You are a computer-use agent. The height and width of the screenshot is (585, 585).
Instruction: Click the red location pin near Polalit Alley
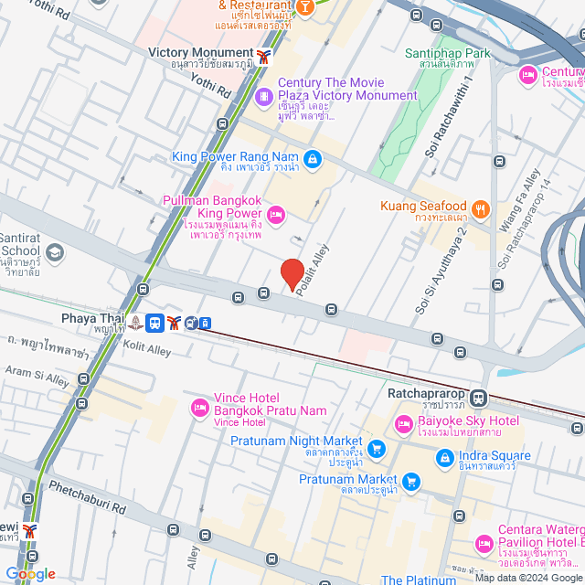click(x=292, y=274)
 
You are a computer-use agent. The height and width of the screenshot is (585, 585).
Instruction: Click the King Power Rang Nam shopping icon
click(x=313, y=158)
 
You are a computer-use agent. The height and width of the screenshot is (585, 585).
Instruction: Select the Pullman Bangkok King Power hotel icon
click(x=277, y=214)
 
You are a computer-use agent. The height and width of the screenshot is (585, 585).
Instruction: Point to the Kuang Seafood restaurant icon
click(x=481, y=207)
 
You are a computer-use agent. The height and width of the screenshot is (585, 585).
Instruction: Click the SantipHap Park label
click(x=448, y=53)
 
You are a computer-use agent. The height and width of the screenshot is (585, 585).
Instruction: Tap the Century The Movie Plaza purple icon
click(x=263, y=94)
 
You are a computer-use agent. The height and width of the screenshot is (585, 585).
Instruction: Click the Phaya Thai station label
click(x=91, y=318)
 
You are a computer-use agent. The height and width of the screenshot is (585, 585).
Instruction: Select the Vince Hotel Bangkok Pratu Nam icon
click(x=197, y=407)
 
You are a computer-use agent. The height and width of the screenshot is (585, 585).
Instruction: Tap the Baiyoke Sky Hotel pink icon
click(x=403, y=424)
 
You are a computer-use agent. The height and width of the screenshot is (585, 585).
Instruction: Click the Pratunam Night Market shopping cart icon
click(x=377, y=449)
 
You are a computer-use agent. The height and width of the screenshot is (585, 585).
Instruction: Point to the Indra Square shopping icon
click(x=444, y=456)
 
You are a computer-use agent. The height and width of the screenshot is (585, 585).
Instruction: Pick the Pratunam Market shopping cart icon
click(x=411, y=480)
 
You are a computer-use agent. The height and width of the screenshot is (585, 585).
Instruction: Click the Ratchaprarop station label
click(x=426, y=395)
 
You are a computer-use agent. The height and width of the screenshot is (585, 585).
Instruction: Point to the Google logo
click(x=30, y=574)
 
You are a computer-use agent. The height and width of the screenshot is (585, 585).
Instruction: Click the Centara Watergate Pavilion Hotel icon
click(x=484, y=545)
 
